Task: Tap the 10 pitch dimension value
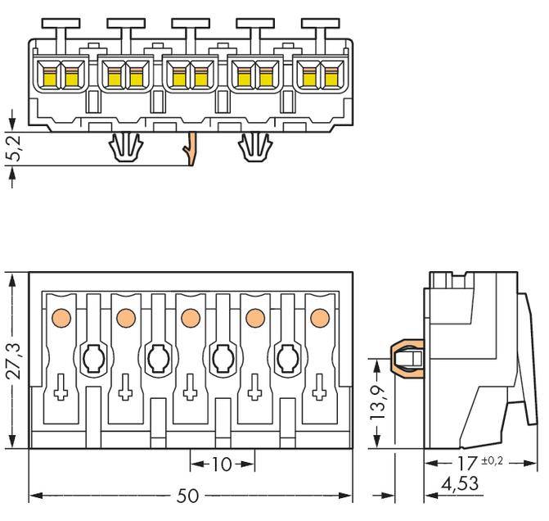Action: [x=222, y=464]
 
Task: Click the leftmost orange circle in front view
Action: [x=59, y=317]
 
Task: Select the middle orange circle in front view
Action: [x=190, y=317]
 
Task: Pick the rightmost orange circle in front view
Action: [x=319, y=317]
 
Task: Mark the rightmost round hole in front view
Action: [x=287, y=357]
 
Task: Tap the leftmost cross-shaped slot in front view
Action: [x=60, y=392]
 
